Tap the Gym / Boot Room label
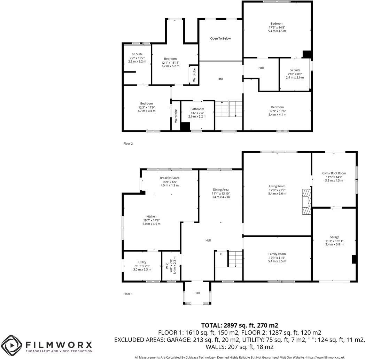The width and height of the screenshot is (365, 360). point(334,173)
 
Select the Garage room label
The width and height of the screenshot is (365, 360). point(334,237)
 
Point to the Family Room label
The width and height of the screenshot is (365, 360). point(277,254)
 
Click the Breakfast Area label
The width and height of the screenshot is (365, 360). point(170,178)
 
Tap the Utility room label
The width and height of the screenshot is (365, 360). point(142,262)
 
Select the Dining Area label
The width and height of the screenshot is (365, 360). point(220,190)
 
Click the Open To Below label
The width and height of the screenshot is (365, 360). point(220,39)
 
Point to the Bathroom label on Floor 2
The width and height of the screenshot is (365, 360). point(197,109)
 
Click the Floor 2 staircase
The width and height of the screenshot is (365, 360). point(228,109)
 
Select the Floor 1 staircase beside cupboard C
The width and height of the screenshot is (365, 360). point(235,259)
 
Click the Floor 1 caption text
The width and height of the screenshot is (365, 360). point(128,294)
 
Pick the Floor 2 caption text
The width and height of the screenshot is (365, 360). point(128,143)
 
